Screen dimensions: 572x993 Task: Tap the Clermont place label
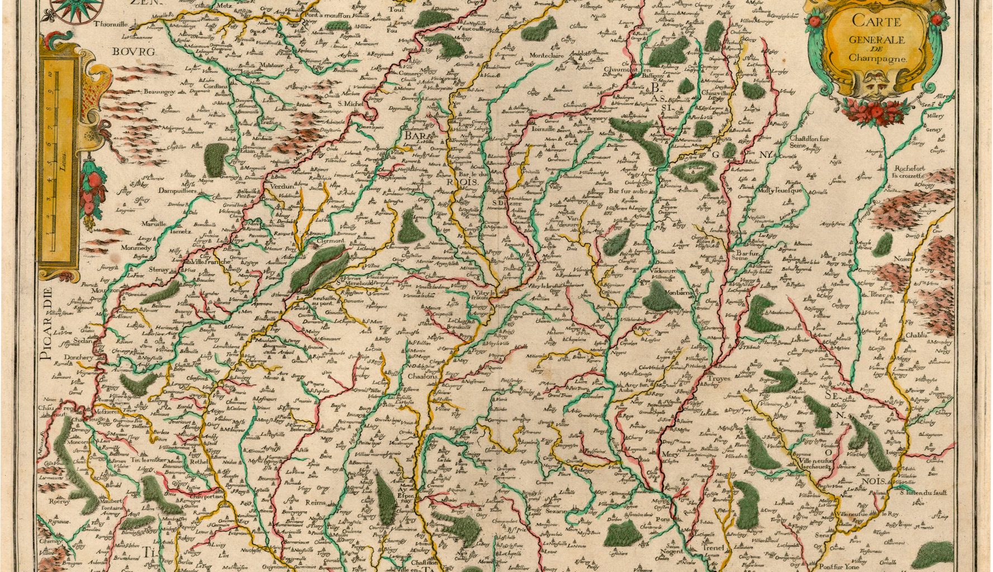pyautogui.click(x=330, y=240)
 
